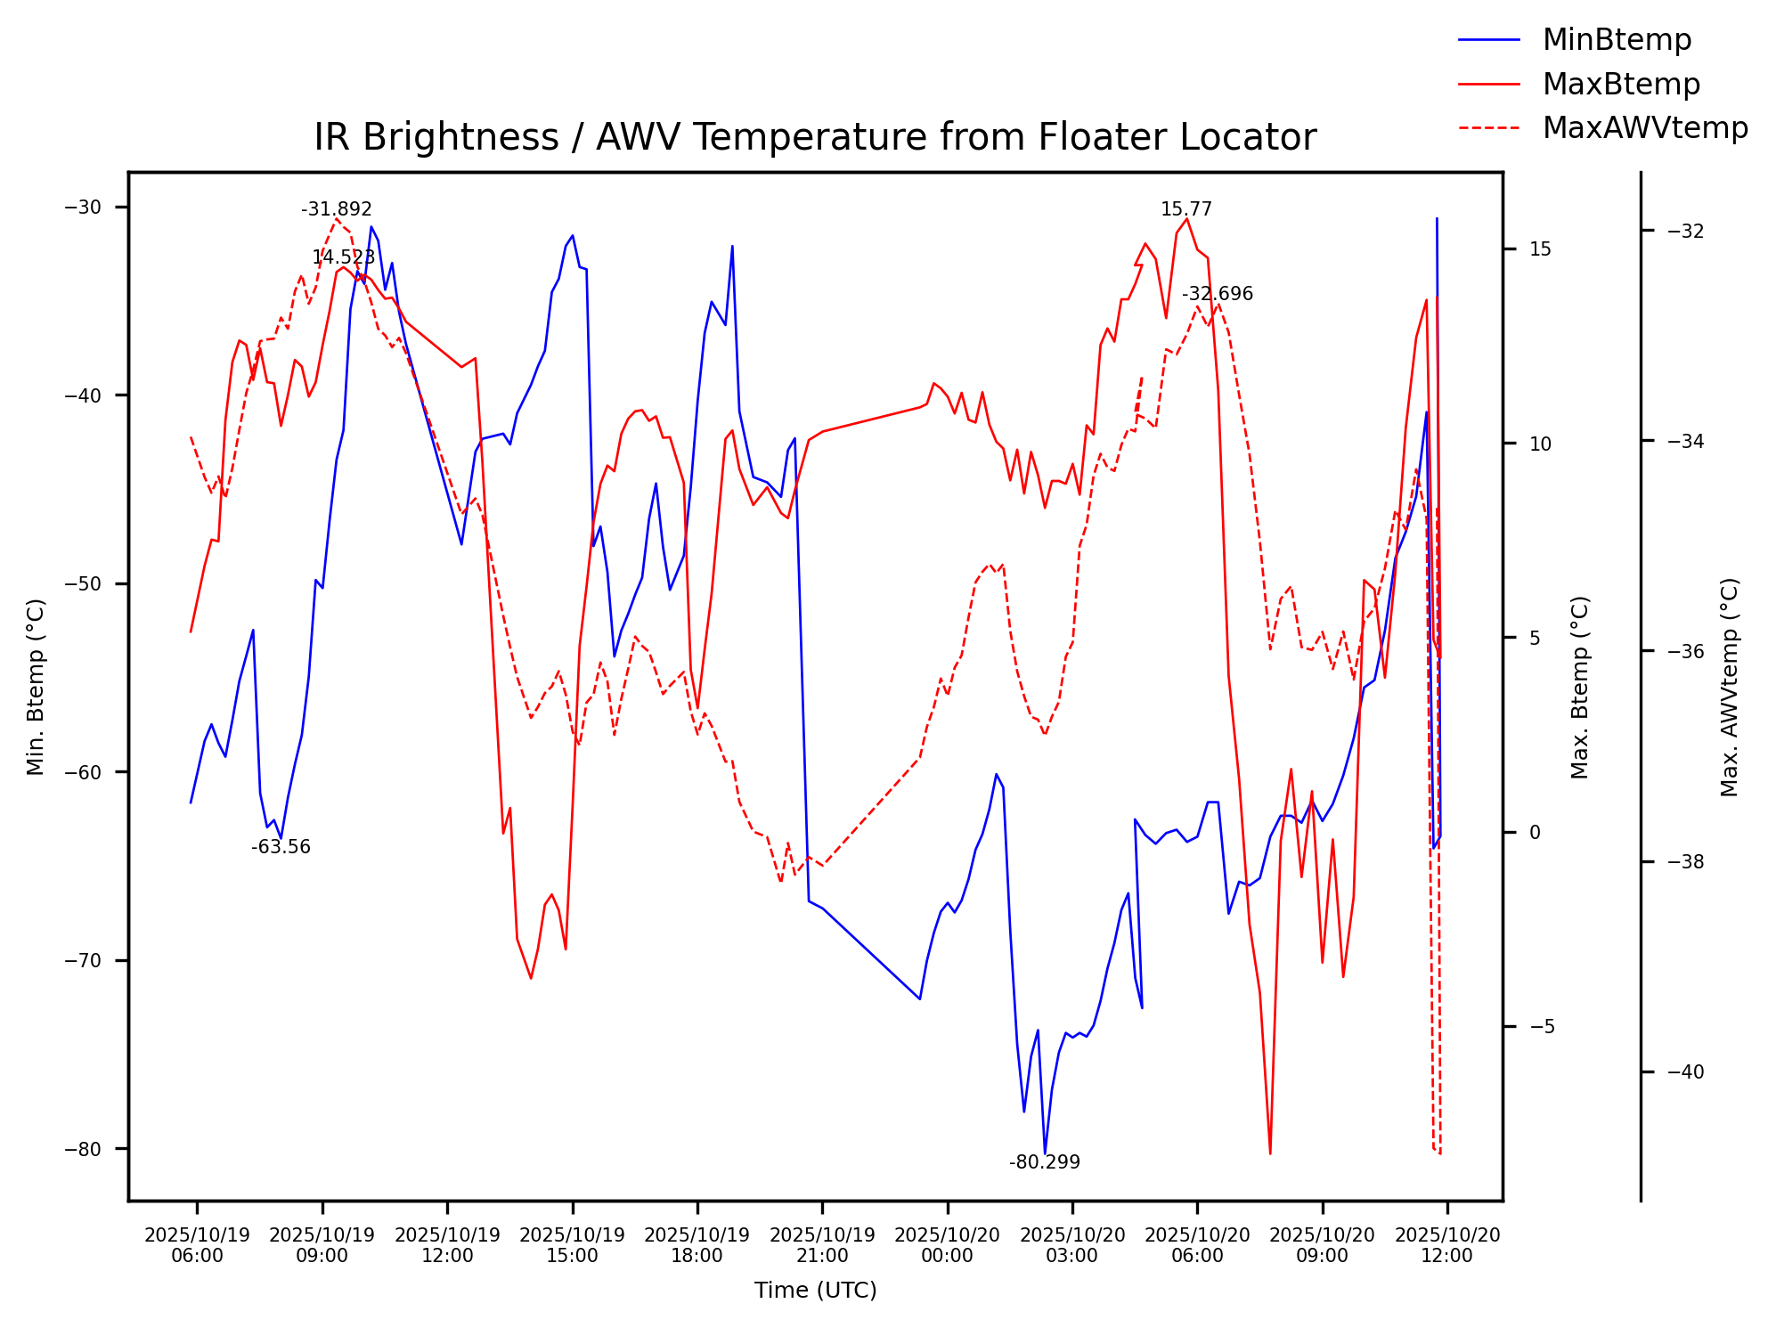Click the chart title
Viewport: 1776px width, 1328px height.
coord(815,138)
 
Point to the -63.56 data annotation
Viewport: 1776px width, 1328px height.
coord(281,847)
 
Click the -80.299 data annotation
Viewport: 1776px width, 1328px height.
coord(1044,1162)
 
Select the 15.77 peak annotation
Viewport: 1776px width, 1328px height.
coord(1185,209)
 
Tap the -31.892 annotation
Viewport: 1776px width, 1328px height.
coord(336,209)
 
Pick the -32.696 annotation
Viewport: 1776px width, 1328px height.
coord(1217,294)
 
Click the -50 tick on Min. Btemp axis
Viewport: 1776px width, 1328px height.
coord(84,584)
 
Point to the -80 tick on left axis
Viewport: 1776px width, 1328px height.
coord(84,1149)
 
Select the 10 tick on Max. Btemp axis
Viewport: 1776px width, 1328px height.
coord(1540,444)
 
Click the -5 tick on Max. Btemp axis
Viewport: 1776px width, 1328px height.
coord(1541,1027)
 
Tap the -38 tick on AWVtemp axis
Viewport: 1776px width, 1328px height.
coord(1685,862)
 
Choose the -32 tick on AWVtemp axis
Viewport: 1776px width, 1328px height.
coord(1685,232)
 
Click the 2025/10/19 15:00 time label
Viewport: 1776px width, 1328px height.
coord(572,1245)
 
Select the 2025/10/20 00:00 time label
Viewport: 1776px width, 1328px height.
coord(947,1245)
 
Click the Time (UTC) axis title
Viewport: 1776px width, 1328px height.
coord(815,1291)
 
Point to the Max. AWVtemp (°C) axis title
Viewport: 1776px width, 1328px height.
coord(1730,687)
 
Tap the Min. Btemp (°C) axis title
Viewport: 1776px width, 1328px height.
coord(36,687)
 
